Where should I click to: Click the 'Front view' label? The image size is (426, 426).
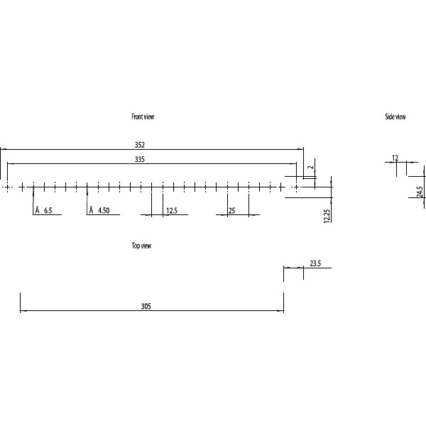point(143,116)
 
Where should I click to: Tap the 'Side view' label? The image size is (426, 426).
point(395,116)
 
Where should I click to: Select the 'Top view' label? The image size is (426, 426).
point(141,246)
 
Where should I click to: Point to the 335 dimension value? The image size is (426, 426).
point(140,160)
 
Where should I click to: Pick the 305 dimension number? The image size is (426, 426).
point(146,307)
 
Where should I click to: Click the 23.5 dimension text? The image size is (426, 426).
point(315,263)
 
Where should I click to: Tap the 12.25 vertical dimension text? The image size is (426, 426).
point(327,215)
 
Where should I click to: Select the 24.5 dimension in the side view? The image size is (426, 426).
point(420,192)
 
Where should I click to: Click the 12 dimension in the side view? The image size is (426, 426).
point(395,158)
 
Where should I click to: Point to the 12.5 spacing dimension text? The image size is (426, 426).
point(172,211)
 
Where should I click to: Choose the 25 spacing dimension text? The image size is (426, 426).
point(231,211)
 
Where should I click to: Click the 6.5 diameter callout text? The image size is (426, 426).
point(48,211)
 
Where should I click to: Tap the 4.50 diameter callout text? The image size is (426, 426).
point(104,211)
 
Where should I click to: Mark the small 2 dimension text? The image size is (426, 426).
point(310,168)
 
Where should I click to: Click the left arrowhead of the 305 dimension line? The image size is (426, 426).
point(23,311)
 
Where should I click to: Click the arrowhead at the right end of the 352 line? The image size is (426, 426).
point(301,149)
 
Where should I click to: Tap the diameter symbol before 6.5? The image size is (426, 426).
point(37,211)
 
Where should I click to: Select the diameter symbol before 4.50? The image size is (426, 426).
point(91,211)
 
